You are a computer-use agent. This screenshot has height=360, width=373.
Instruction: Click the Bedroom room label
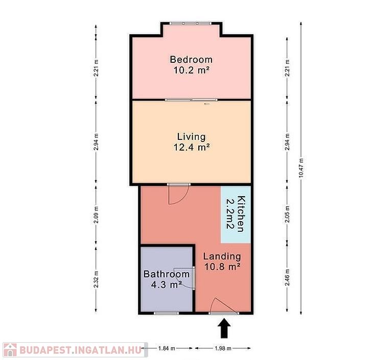(x=191, y=59)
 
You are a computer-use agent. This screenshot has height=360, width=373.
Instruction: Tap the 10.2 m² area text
(x=192, y=70)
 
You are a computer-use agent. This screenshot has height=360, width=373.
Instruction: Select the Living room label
(x=191, y=137)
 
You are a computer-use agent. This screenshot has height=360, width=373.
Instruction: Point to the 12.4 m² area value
(x=192, y=147)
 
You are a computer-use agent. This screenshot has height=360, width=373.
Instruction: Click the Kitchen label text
(x=241, y=214)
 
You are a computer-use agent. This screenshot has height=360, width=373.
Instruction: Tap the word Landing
(x=222, y=256)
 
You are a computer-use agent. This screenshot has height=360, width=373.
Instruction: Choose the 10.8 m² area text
(x=222, y=267)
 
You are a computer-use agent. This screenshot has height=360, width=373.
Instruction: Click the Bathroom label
(x=167, y=274)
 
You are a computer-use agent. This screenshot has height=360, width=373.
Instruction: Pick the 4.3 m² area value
(x=167, y=284)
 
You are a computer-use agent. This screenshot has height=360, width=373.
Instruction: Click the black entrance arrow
(x=224, y=328)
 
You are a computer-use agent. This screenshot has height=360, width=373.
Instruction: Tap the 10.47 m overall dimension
(x=301, y=167)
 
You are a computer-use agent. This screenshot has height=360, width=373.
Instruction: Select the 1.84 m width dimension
(x=167, y=348)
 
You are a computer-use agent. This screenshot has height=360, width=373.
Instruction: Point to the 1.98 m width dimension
(x=223, y=348)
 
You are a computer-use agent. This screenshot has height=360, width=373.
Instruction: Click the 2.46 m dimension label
(x=287, y=277)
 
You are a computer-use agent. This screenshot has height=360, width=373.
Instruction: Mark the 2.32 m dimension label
(x=96, y=279)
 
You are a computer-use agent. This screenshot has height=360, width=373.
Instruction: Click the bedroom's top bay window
(x=190, y=23)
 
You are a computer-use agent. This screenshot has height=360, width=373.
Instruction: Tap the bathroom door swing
(x=184, y=278)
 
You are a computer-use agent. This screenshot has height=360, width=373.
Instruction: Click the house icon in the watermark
(x=10, y=350)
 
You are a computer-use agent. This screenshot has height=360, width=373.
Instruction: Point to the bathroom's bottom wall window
(x=166, y=313)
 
